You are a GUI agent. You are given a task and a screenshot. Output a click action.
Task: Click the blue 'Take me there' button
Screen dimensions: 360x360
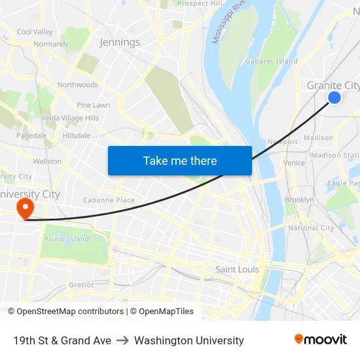[x=179, y=160]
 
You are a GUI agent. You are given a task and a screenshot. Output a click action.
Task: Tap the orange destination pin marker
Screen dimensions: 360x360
[x=25, y=209]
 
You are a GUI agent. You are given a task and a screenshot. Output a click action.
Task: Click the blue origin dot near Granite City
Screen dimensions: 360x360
[x=334, y=98]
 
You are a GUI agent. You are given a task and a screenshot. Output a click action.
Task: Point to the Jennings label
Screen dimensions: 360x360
[x=120, y=43]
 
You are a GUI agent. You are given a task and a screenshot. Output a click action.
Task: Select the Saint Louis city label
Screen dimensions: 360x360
[x=237, y=269]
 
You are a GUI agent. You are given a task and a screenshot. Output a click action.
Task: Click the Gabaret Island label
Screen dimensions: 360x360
[x=271, y=62]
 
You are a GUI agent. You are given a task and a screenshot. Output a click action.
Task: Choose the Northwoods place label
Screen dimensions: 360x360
[x=77, y=85]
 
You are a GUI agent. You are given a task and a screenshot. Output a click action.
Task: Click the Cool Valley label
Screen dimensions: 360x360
[x=35, y=31]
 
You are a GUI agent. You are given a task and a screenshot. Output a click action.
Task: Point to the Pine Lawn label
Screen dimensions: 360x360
[x=93, y=105]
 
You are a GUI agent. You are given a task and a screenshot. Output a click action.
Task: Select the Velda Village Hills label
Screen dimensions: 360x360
[x=69, y=118]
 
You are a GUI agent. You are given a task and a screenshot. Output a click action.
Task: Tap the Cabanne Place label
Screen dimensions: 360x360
[x=109, y=200]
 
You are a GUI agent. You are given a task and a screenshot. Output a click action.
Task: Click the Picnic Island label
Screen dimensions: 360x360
[x=66, y=240]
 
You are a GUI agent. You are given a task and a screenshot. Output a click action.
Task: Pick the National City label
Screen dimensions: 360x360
[x=311, y=228]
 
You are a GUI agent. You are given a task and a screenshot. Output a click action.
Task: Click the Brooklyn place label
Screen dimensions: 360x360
[x=299, y=200]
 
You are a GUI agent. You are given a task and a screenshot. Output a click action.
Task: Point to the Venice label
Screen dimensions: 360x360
[x=294, y=163]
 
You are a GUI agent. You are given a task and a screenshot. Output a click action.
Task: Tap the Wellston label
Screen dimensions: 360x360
[x=47, y=161]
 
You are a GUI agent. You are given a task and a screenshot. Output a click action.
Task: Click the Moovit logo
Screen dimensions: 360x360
[x=320, y=340]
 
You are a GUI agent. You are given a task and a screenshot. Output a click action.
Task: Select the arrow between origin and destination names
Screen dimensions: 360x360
[x=122, y=340]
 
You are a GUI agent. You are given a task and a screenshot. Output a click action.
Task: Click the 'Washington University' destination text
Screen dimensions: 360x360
[x=189, y=340]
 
